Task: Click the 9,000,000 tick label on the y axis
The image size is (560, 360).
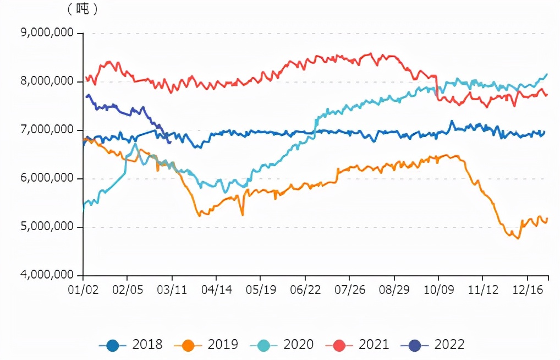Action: [x=48, y=33]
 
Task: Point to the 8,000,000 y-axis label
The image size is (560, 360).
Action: [x=48, y=81]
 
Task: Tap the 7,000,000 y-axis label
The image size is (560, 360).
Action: [x=48, y=130]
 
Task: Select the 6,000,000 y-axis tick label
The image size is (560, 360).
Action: [x=48, y=178]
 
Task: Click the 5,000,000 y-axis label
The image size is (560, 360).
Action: [x=48, y=227]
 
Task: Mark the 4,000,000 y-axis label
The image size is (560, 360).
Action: [x=48, y=275]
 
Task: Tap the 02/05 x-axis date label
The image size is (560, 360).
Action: [x=127, y=289]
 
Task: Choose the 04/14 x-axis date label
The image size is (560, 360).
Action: [x=216, y=289]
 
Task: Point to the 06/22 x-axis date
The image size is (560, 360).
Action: [x=305, y=289]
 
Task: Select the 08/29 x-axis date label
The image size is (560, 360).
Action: [x=394, y=289]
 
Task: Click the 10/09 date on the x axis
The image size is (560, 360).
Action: [x=438, y=289]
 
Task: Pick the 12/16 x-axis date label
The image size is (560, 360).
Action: [x=528, y=289]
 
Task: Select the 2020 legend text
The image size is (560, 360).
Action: [x=298, y=345]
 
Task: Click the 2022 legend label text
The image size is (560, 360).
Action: [x=449, y=345]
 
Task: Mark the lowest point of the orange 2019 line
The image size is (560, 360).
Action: [x=518, y=238]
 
